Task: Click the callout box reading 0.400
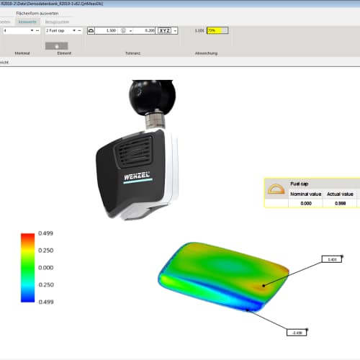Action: point(332,258)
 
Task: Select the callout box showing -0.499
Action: point(297,333)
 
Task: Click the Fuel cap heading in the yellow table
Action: point(300,184)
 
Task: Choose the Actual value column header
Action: point(340,194)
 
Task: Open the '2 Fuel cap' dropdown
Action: point(61,32)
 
